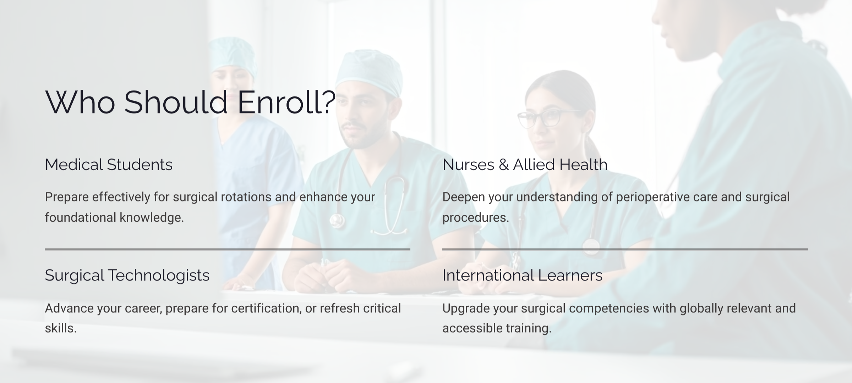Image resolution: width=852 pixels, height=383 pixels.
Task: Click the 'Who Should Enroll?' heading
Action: tap(190, 102)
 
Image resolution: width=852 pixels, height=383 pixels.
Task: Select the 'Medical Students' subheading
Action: tap(109, 165)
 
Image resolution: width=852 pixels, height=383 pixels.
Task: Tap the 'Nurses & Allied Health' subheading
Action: tap(525, 165)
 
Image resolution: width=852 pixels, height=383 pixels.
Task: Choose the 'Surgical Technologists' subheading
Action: tap(127, 276)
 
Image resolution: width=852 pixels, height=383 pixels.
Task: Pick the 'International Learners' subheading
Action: tap(522, 275)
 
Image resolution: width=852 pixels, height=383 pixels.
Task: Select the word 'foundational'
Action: tap(80, 217)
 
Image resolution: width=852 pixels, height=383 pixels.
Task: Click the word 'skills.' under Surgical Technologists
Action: tap(61, 328)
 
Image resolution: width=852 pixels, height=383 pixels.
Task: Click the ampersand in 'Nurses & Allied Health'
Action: tap(503, 165)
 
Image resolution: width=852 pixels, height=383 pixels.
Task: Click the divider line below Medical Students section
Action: tap(228, 249)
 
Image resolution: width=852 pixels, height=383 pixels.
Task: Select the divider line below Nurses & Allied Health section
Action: tap(625, 249)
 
